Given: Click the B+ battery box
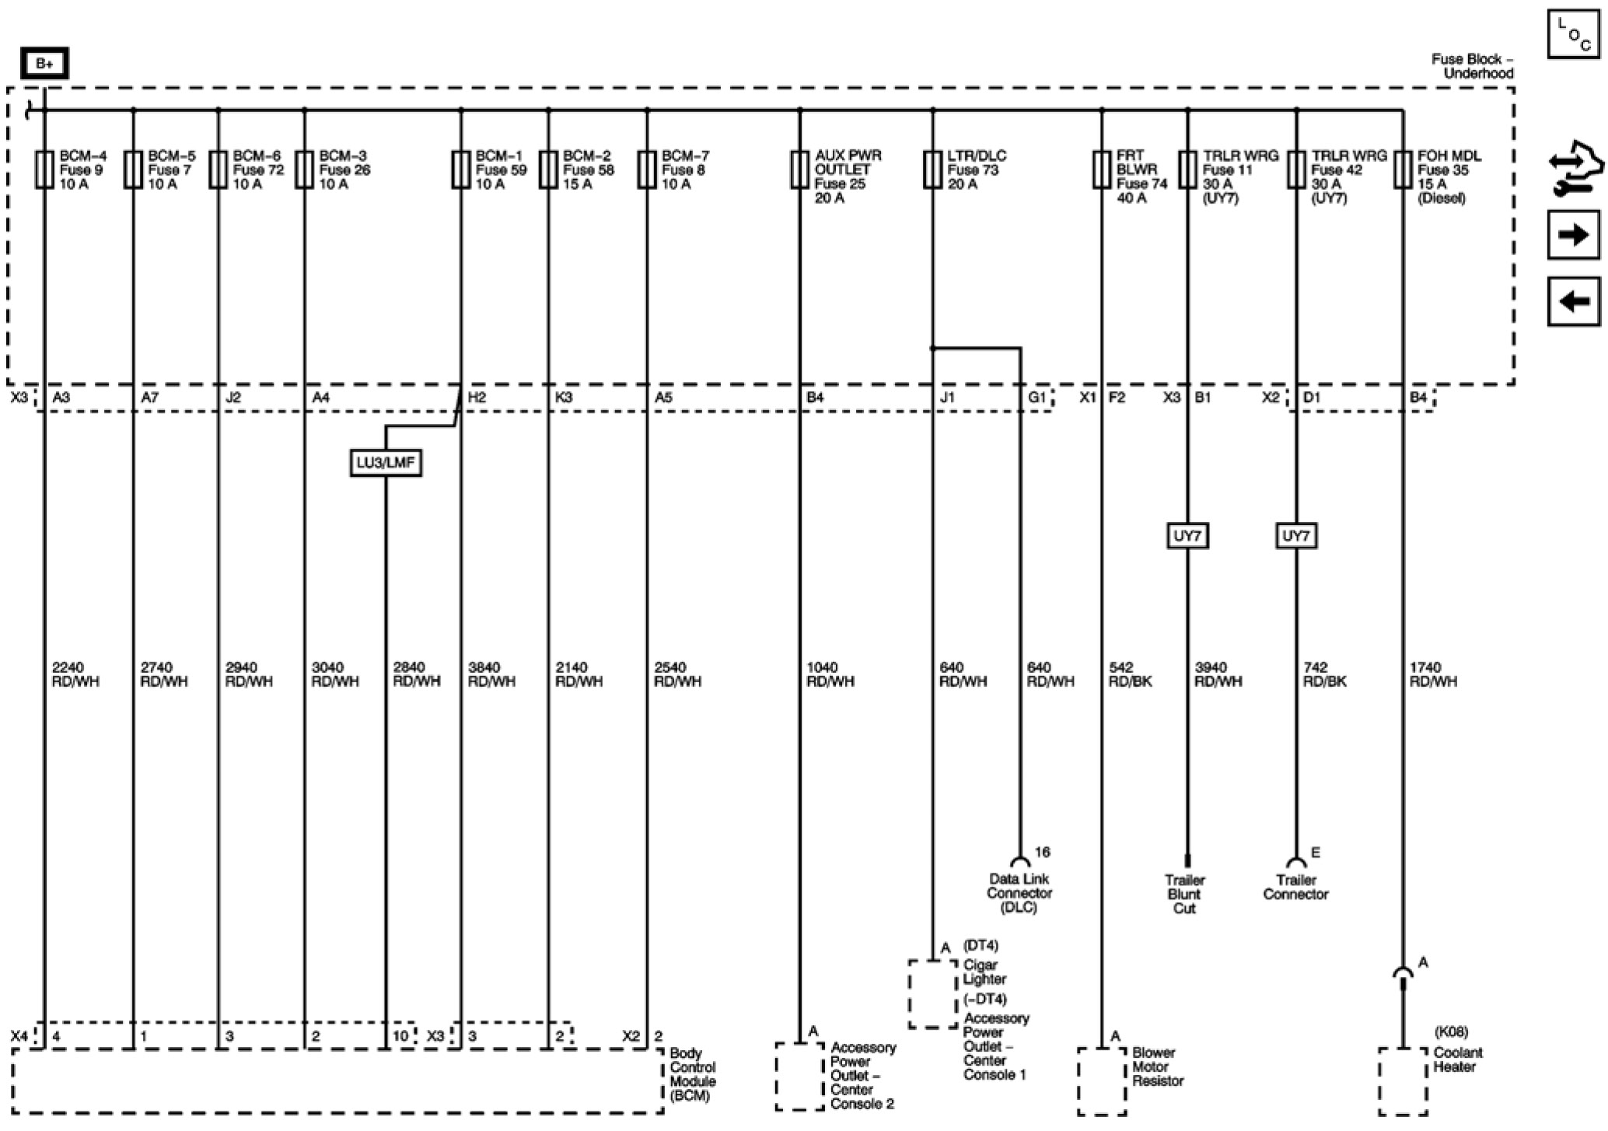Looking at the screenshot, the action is pyautogui.click(x=44, y=64).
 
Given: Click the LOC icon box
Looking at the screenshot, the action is pyautogui.click(x=1573, y=33).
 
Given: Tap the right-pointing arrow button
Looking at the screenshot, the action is pyautogui.click(x=1573, y=234).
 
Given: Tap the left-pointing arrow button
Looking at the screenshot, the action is pyautogui.click(x=1573, y=301).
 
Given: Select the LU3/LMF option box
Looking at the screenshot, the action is pyautogui.click(x=386, y=464).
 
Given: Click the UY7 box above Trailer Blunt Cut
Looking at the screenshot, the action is pyautogui.click(x=1187, y=536).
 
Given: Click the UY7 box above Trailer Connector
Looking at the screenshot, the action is pyautogui.click(x=1295, y=536).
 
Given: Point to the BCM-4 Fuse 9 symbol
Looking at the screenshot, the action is pyautogui.click(x=44, y=170).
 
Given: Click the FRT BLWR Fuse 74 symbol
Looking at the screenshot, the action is pyautogui.click(x=1101, y=170).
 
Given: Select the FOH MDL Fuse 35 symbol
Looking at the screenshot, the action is pyautogui.click(x=1403, y=170).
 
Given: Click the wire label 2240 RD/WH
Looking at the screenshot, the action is pyautogui.click(x=75, y=674).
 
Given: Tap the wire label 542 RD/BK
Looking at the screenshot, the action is pyautogui.click(x=1130, y=674).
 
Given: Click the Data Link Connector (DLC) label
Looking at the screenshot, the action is pyautogui.click(x=1019, y=893).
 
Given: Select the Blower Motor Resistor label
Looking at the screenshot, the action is pyautogui.click(x=1157, y=1066).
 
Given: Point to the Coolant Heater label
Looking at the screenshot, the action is pyautogui.click(x=1457, y=1059).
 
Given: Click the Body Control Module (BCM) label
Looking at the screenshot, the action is pyautogui.click(x=692, y=1074).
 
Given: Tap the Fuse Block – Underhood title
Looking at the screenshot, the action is pyautogui.click(x=1472, y=66).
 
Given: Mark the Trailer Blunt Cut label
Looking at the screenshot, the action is pyautogui.click(x=1184, y=894).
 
